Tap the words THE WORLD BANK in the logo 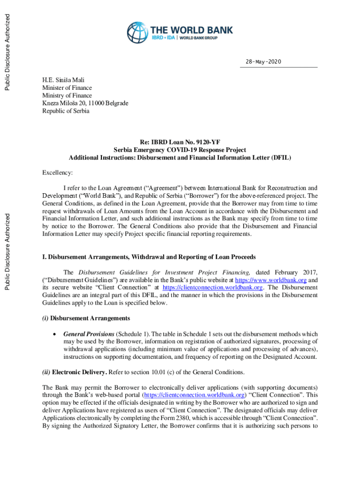click(x=191, y=30)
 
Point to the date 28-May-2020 click(x=263, y=62)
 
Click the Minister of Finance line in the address click(x=67, y=87)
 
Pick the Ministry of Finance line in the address click(x=67, y=95)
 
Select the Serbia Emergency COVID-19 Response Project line click(x=180, y=150)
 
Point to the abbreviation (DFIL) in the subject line click(x=281, y=158)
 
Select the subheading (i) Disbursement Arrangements click(x=86, y=319)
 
